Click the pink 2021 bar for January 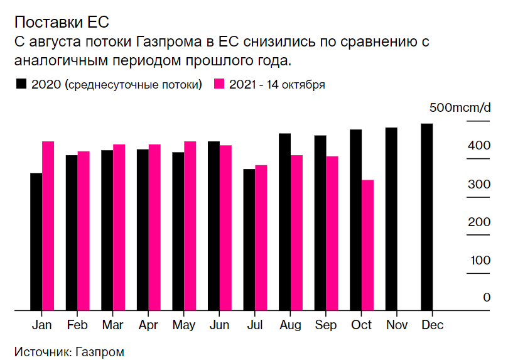coord(48,226)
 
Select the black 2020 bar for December coord(427,217)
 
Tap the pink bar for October coord(368,245)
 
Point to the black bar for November coord(391,219)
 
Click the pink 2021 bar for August coord(297,232)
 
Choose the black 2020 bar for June coord(213,226)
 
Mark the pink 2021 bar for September coord(332,233)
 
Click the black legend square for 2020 coord(21,84)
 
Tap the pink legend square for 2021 coord(219,84)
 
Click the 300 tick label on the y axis coord(479,185)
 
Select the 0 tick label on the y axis coord(486,297)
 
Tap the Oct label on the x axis coord(362,325)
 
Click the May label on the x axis coord(184,325)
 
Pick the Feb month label coord(77,325)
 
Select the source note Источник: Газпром coord(69,351)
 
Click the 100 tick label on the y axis coord(479,260)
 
